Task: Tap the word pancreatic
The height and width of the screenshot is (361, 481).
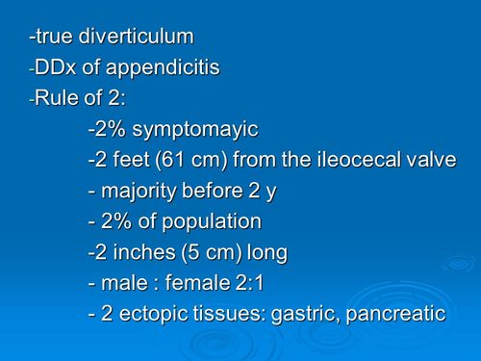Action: click(x=395, y=314)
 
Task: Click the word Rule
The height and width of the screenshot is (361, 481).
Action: click(x=57, y=98)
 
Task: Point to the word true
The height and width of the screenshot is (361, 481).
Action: click(x=55, y=37)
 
